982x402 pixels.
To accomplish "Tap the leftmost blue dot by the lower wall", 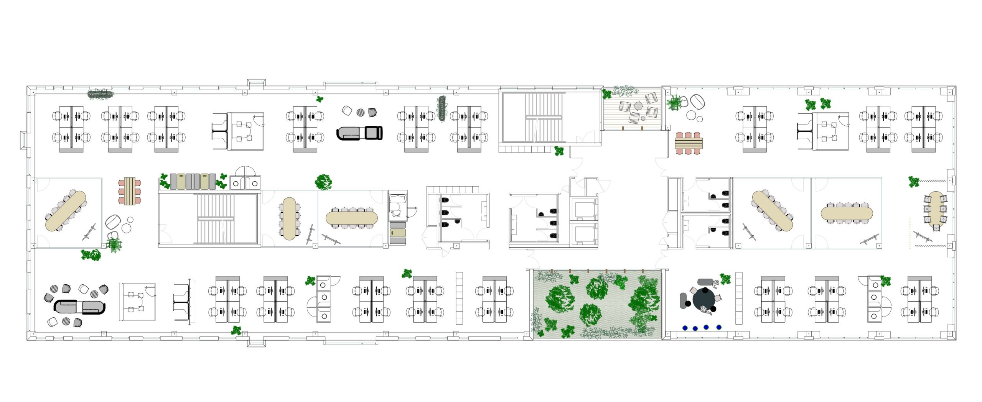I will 685,328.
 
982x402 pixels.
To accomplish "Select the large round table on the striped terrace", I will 638,105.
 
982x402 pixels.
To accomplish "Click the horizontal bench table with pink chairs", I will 689,143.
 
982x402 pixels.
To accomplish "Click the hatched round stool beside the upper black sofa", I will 361,112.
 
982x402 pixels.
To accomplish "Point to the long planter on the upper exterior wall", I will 101,94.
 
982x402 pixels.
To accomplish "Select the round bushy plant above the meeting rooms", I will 323,182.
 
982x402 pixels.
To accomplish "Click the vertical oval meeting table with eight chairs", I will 289,218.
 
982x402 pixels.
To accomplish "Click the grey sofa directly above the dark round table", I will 705,282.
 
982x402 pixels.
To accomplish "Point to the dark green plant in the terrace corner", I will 607,94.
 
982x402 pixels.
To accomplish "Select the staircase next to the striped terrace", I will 545,117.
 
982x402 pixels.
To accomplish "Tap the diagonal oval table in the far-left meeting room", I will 66,211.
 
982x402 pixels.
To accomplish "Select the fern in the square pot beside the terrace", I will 674,103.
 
